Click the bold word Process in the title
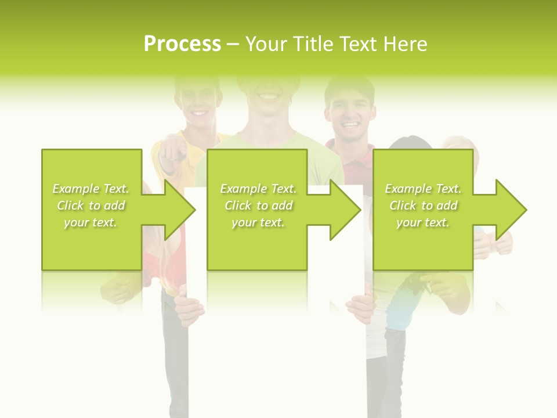pyautogui.click(x=182, y=44)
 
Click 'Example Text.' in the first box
pyautogui.click(x=91, y=189)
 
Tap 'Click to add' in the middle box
pyautogui.click(x=258, y=206)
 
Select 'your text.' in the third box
pyautogui.click(x=423, y=222)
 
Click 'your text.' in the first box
pyautogui.click(x=91, y=222)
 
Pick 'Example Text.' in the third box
pyautogui.click(x=423, y=189)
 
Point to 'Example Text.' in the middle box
pyautogui.click(x=258, y=189)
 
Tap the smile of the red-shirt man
pyautogui.click(x=350, y=124)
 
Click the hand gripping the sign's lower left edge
pyautogui.click(x=189, y=308)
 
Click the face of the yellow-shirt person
pyautogui.click(x=199, y=105)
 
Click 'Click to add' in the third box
pyautogui.click(x=423, y=206)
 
